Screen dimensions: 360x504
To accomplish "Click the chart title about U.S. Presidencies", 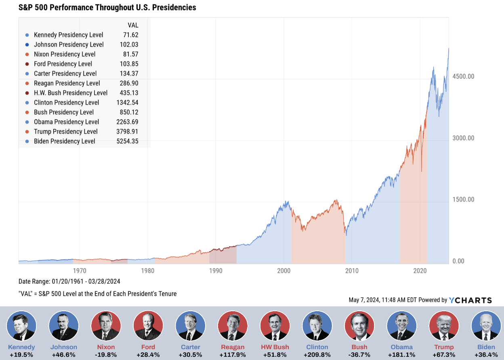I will [107, 8].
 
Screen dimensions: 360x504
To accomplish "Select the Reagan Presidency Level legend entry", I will [67, 83].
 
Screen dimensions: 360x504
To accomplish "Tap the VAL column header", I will [133, 25].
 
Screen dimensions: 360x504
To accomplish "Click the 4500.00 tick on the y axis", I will [463, 77].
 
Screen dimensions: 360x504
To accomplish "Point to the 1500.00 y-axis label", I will [463, 200].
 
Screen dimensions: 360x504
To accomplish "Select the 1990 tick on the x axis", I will [216, 270].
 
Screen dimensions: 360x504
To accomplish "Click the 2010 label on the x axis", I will [352, 270].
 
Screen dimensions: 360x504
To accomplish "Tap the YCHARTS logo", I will [470, 300].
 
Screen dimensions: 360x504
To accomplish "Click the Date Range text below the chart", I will [69, 281].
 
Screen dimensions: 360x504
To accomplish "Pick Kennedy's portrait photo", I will [21, 326].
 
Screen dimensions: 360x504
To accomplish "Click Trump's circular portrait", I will [444, 326].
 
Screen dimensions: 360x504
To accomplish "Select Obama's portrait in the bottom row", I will [402, 326].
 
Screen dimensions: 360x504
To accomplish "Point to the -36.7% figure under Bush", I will [359, 355].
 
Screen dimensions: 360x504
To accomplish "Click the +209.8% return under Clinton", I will [317, 355].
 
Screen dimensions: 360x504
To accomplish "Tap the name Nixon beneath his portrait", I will [106, 347].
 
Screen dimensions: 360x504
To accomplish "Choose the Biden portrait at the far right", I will [486, 326].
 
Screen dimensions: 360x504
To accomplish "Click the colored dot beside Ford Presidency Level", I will [27, 64].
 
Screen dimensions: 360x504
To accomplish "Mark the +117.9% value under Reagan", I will [233, 355].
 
